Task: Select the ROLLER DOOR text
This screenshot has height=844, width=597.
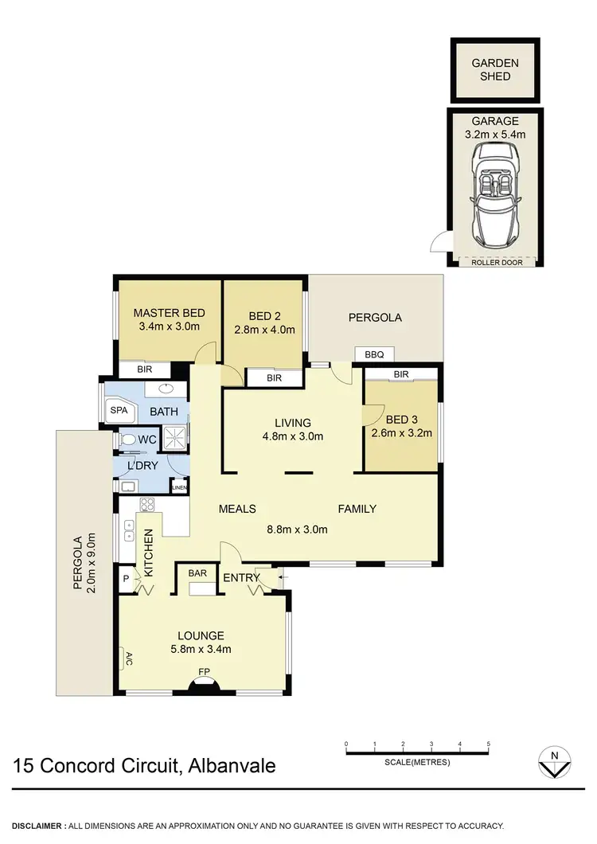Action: click(x=494, y=261)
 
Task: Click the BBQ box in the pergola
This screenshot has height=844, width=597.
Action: click(x=373, y=354)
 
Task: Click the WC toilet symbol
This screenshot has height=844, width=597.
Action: click(x=129, y=439)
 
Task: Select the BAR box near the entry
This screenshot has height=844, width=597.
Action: click(x=197, y=572)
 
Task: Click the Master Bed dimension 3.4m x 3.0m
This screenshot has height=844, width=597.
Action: click(x=169, y=326)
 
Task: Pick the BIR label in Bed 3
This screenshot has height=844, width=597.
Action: click(x=400, y=373)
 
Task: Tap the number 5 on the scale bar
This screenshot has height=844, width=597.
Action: click(x=488, y=744)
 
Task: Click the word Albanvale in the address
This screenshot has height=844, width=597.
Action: click(x=231, y=766)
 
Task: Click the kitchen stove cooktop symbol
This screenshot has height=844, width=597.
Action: click(x=146, y=504)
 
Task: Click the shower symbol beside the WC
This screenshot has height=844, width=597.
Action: click(x=173, y=437)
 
